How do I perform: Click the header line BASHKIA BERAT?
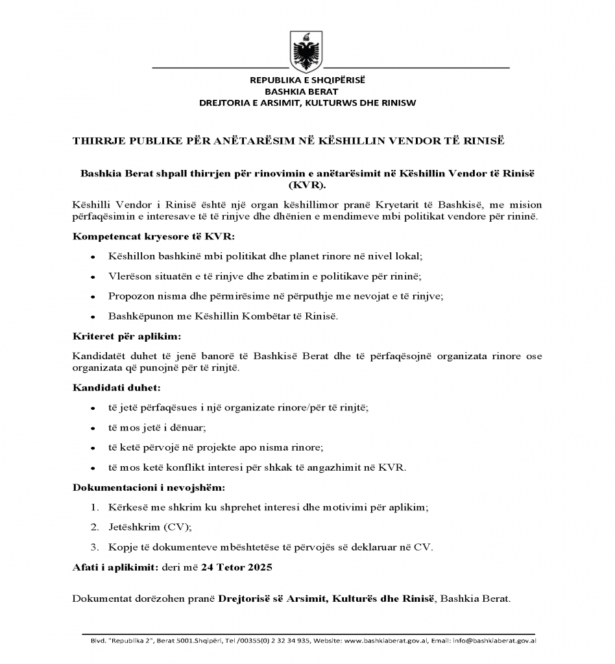[307, 91]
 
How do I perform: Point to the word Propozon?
[131, 296]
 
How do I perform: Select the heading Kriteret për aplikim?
[117, 337]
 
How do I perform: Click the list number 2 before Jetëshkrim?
[95, 527]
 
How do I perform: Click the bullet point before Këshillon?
[94, 257]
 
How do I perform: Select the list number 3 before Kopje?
[95, 547]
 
